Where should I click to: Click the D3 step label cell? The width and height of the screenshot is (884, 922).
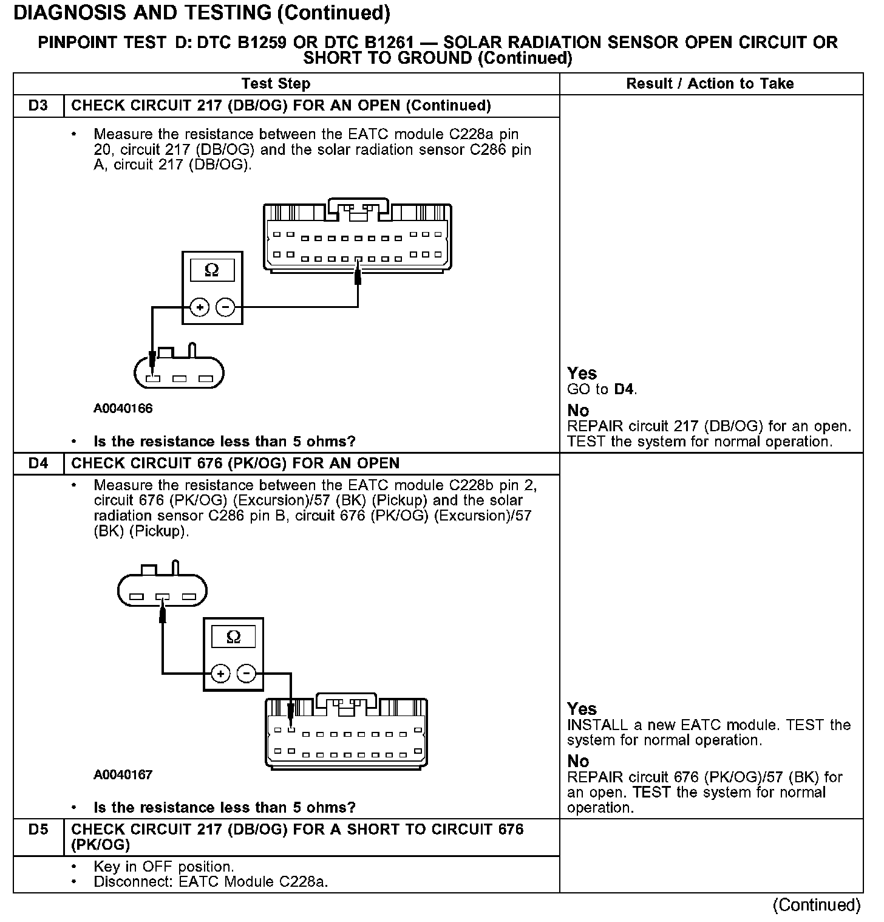pos(38,106)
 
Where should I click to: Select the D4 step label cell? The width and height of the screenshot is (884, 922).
pos(38,463)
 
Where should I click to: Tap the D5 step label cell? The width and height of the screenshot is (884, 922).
pos(38,830)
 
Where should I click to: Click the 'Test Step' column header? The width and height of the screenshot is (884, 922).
pos(276,84)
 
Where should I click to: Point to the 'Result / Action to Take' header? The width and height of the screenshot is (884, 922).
pos(710,84)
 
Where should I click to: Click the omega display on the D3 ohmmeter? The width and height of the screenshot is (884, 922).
pos(212,270)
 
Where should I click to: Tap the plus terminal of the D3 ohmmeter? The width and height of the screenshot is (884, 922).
pos(199,308)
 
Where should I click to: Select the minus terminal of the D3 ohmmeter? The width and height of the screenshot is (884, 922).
pos(225,308)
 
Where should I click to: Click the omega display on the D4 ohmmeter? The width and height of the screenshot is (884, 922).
pos(233,637)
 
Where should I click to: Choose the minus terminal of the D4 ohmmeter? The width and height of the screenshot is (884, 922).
pos(246,674)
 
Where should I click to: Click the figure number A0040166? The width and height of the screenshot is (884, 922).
pos(123,408)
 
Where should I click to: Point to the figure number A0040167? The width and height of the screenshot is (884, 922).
pos(123,774)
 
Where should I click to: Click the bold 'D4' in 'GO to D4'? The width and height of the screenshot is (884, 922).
pos(624,389)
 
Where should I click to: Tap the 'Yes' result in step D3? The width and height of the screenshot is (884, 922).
pos(582,373)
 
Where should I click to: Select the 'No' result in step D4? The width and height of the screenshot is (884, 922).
pos(578,761)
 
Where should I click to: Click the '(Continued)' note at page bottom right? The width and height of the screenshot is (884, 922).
pos(816,905)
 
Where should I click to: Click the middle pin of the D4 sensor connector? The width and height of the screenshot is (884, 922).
pos(162,597)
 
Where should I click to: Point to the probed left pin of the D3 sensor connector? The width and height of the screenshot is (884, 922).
pos(152,379)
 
